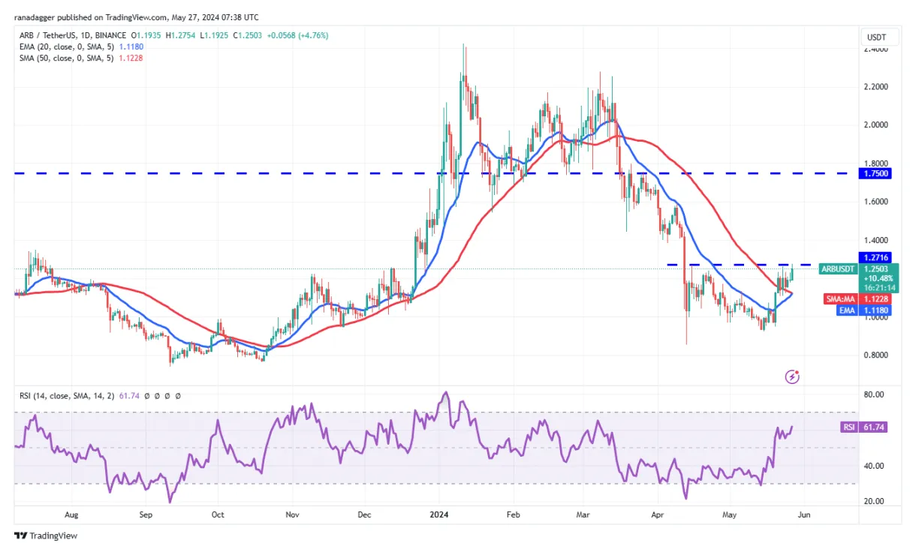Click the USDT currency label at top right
[876, 37]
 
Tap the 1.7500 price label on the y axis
[876, 173]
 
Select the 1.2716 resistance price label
[876, 257]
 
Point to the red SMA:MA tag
[838, 298]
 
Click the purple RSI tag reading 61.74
[847, 427]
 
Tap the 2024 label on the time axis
[438, 515]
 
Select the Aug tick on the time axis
[71, 515]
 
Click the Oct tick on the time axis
[217, 515]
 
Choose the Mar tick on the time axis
[582, 515]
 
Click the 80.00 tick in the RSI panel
[874, 394]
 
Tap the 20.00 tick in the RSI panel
[874, 501]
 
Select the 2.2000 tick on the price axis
[876, 87]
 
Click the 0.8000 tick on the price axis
[876, 355]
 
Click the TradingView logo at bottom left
[46, 535]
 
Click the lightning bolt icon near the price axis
[791, 376]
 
